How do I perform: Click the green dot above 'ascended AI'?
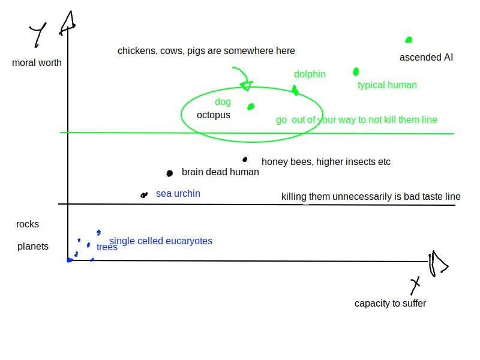tap(409, 40)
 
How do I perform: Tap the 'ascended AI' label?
tap(426, 58)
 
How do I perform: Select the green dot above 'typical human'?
tap(356, 72)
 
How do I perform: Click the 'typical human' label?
tap(387, 85)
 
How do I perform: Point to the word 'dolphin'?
tap(310, 74)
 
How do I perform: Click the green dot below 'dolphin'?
tap(295, 90)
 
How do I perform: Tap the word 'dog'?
tap(223, 102)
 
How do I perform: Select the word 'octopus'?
tap(213, 115)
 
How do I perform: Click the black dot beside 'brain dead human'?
tap(169, 173)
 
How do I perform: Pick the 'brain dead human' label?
tap(220, 172)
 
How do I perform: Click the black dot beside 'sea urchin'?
tap(143, 195)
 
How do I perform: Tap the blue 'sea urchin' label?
tap(178, 194)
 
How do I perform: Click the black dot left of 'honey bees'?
tap(245, 160)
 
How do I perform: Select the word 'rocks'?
tap(28, 224)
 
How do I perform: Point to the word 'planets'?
tap(33, 247)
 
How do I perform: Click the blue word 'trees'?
tap(107, 247)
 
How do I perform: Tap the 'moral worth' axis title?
tap(37, 62)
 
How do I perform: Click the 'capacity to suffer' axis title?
tap(390, 304)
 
